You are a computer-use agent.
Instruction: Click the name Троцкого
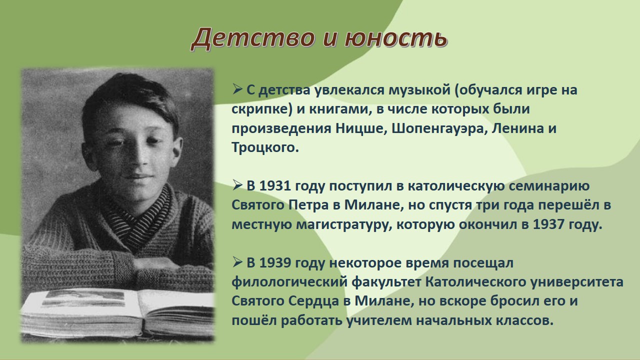(264, 147)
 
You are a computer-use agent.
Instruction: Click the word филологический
(289, 282)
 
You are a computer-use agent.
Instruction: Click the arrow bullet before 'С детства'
(237, 89)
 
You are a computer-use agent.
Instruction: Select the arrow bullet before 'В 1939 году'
(237, 262)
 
